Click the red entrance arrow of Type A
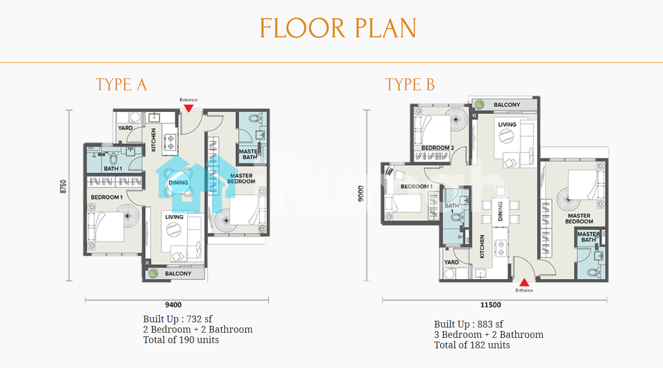[189, 108]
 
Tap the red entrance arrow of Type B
[524, 282]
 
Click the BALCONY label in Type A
[178, 274]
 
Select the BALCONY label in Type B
[507, 105]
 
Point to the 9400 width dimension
[174, 305]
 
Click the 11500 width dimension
[490, 305]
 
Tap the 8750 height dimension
[63, 187]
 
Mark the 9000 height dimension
[361, 194]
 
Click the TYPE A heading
[121, 85]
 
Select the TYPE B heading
[410, 85]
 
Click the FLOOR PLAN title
[338, 28]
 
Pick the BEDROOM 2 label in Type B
[438, 148]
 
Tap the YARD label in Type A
[125, 128]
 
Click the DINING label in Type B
[500, 211]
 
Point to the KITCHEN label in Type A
[153, 140]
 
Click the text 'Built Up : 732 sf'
[178, 319]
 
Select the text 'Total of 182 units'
[472, 345]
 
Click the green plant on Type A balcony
[153, 273]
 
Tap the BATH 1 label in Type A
[113, 169]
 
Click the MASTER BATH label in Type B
[589, 237]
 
